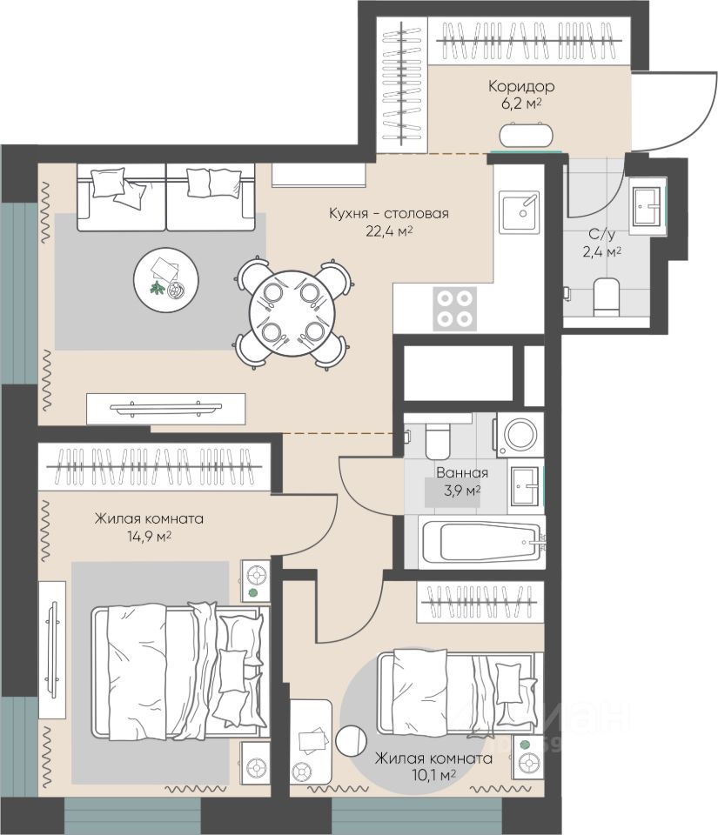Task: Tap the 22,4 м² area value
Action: click(389, 231)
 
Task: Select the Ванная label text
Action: click(462, 472)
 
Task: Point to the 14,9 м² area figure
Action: click(149, 537)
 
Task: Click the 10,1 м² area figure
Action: click(433, 774)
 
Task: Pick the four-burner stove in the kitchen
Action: click(454, 309)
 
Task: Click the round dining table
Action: click(292, 313)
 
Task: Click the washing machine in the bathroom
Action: click(520, 435)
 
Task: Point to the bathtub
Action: click(482, 542)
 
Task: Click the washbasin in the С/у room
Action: click(648, 206)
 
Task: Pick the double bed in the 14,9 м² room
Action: click(179, 672)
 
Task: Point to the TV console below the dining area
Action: click(165, 409)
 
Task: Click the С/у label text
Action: click(602, 234)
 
